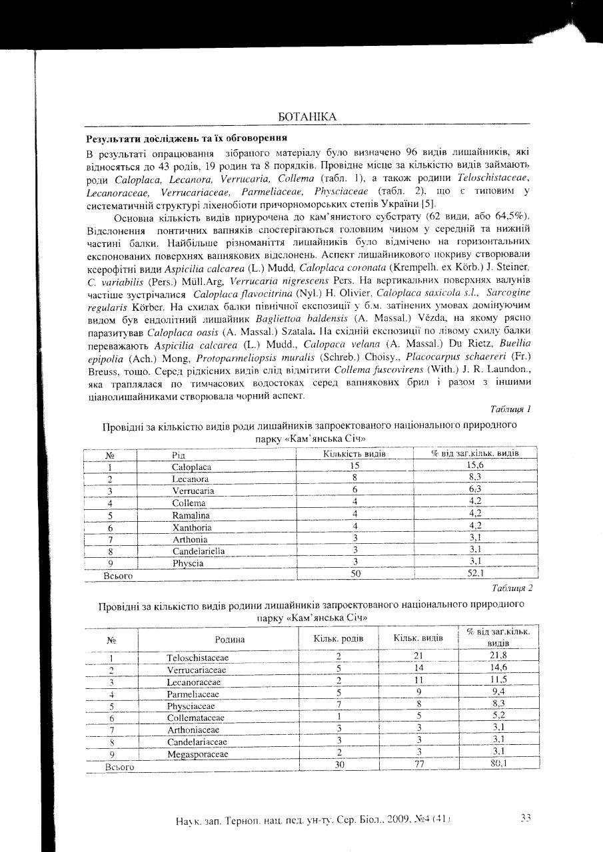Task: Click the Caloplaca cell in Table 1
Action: (192, 467)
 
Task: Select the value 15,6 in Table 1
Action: (476, 466)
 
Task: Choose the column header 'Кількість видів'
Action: (355, 454)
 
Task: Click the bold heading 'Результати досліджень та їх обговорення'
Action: (187, 138)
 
